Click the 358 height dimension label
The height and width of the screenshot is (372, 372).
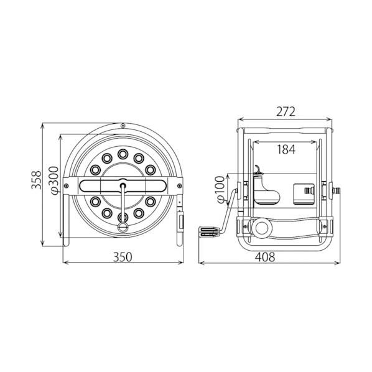(x=36, y=180)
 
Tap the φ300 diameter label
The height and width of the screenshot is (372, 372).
(x=53, y=180)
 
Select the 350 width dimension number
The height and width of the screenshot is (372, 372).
(x=123, y=257)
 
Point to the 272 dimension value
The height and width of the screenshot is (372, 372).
(x=286, y=111)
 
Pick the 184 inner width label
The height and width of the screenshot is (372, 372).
(x=286, y=149)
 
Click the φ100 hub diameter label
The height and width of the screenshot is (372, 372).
(x=220, y=190)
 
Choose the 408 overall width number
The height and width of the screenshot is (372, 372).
(x=265, y=257)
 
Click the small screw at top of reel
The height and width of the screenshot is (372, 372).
(x=123, y=126)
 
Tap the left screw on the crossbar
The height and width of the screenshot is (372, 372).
(x=67, y=186)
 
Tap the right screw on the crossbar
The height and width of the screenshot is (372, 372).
(x=179, y=186)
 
